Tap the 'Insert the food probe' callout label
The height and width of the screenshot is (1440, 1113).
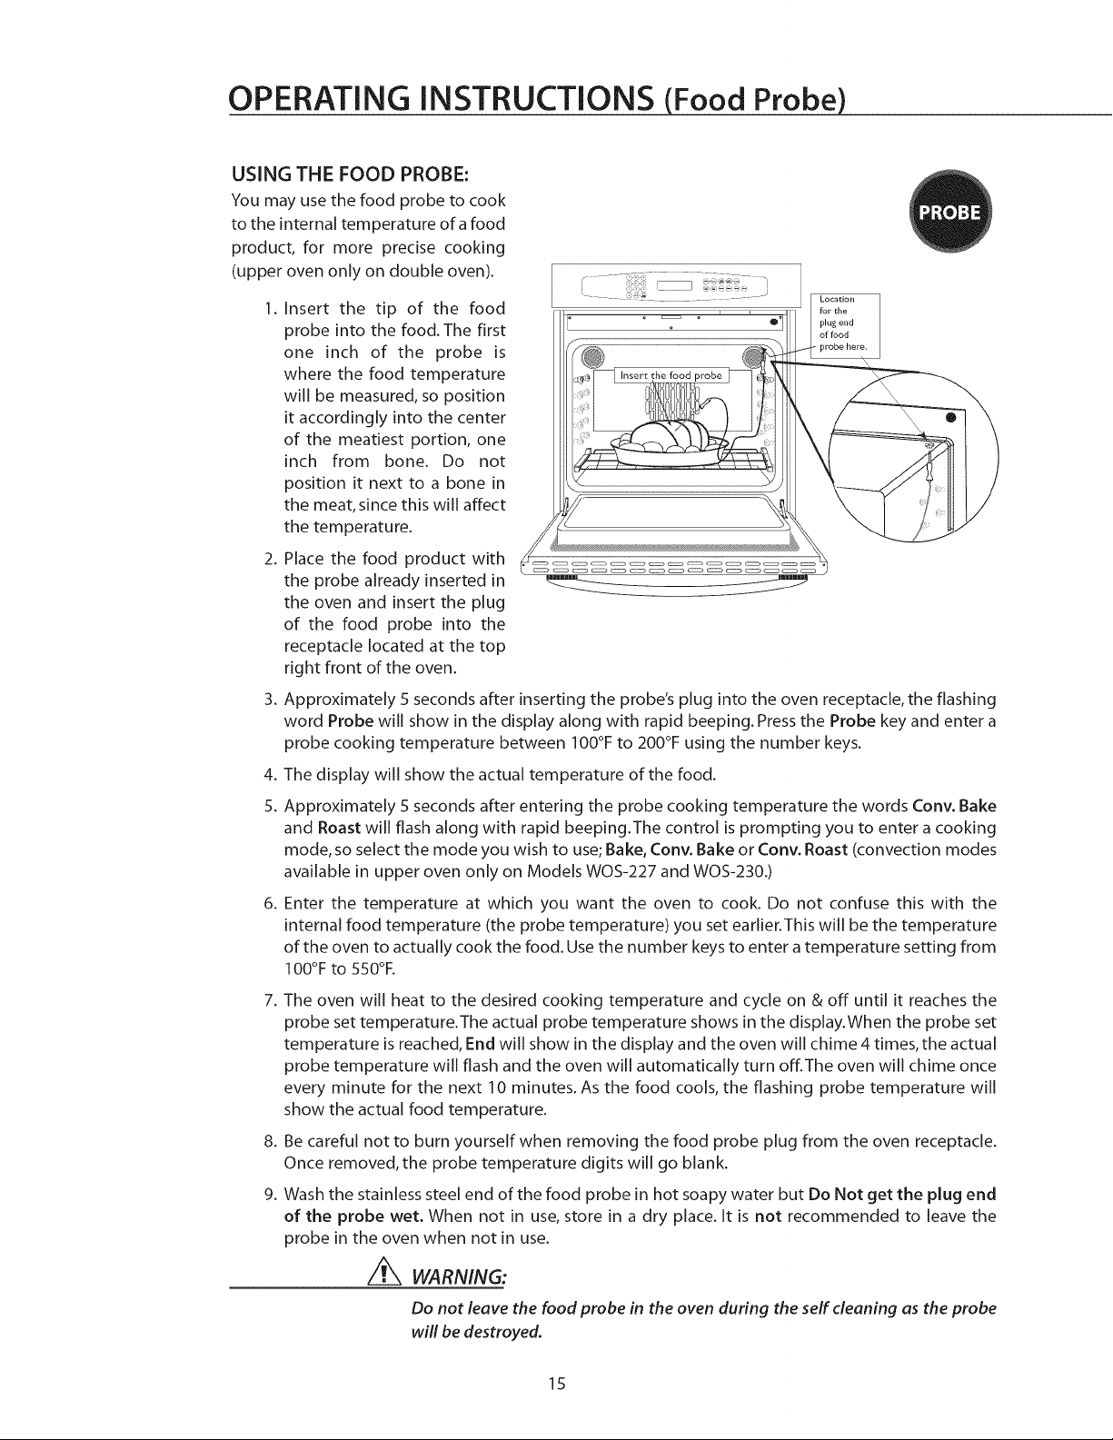pos(671,375)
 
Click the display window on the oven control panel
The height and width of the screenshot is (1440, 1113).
pos(675,286)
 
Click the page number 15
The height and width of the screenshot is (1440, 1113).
pos(556,1383)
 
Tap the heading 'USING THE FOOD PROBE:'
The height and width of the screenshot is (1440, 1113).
pos(351,174)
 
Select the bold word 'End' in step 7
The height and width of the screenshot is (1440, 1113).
pos(481,1044)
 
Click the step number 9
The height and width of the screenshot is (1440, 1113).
pos(269,1195)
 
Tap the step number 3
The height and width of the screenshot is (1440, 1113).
pos(269,700)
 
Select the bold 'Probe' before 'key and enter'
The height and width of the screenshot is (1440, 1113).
pos(852,721)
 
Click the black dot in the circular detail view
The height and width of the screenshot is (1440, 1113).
pos(950,418)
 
